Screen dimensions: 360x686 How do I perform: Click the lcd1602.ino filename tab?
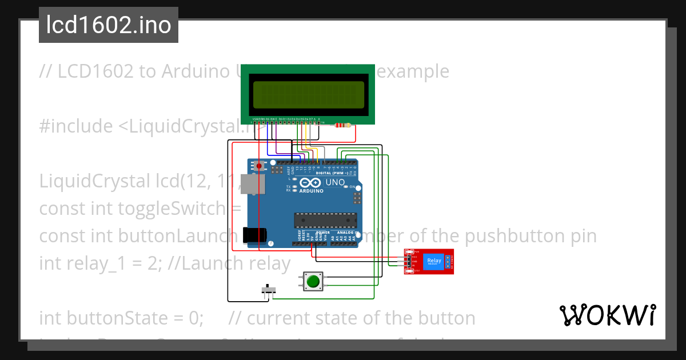109,25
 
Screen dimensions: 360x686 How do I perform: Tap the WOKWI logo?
608,315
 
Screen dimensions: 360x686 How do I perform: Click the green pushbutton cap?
312,281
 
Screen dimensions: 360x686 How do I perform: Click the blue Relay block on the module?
435,261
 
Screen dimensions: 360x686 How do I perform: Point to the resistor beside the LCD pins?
342,125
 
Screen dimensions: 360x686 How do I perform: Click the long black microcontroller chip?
325,220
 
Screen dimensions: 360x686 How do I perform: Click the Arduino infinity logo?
309,183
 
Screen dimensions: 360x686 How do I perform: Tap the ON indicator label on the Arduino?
353,187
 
